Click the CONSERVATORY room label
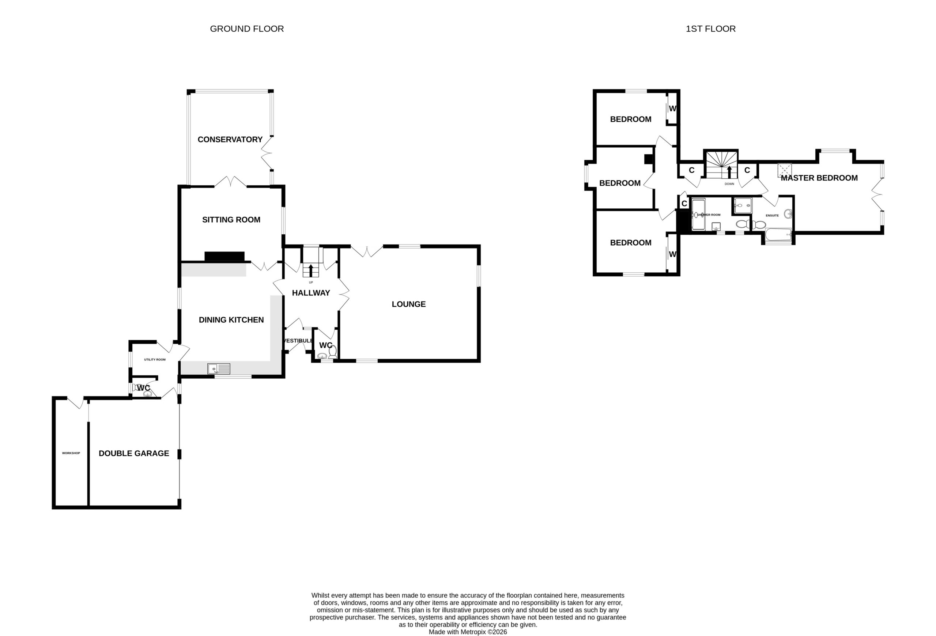click(x=230, y=139)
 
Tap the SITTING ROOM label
click(x=231, y=219)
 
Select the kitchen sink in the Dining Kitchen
click(x=219, y=368)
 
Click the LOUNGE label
click(x=408, y=304)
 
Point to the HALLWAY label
click(x=311, y=293)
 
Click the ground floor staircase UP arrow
click(x=310, y=270)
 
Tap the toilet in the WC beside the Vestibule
click(x=333, y=352)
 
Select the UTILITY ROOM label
click(x=155, y=359)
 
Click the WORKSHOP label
click(x=71, y=453)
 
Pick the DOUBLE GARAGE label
click(x=134, y=453)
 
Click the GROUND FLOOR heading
click(x=247, y=29)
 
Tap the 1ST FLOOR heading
click(x=710, y=29)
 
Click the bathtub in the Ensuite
click(x=778, y=234)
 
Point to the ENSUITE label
click(x=772, y=215)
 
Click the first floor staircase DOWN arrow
click(x=729, y=172)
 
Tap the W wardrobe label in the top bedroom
click(x=672, y=108)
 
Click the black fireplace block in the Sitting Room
click(x=224, y=257)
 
